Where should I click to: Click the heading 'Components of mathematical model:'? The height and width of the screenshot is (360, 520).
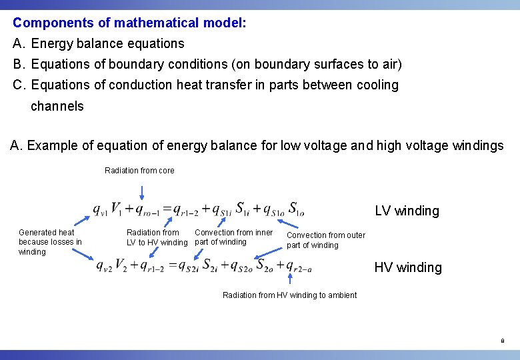[x=129, y=23]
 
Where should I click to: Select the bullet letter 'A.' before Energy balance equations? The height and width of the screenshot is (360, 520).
[x=19, y=44]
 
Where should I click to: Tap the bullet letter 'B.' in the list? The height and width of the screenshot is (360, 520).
[x=19, y=65]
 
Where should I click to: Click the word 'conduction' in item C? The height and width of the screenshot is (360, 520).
[x=139, y=85]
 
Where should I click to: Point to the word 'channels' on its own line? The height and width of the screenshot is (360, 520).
[x=57, y=106]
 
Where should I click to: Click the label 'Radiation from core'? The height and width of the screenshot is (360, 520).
[x=139, y=171]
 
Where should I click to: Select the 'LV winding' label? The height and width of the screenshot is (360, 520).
[x=407, y=211]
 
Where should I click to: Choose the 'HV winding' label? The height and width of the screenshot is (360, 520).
[x=407, y=267]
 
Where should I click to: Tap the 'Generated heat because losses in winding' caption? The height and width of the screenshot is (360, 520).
[x=50, y=242]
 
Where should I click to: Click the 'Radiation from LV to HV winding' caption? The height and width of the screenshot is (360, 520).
[x=157, y=237]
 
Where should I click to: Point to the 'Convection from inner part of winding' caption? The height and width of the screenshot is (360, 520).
[x=233, y=237]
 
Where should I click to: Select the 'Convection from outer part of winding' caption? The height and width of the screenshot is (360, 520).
[x=325, y=240]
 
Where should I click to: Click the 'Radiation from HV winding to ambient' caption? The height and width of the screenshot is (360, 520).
[x=289, y=295]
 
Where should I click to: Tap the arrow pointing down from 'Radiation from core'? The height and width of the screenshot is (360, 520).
[x=141, y=189]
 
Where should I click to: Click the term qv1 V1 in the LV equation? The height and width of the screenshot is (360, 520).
[x=107, y=209]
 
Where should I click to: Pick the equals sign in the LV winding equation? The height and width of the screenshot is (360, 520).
[x=167, y=209]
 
